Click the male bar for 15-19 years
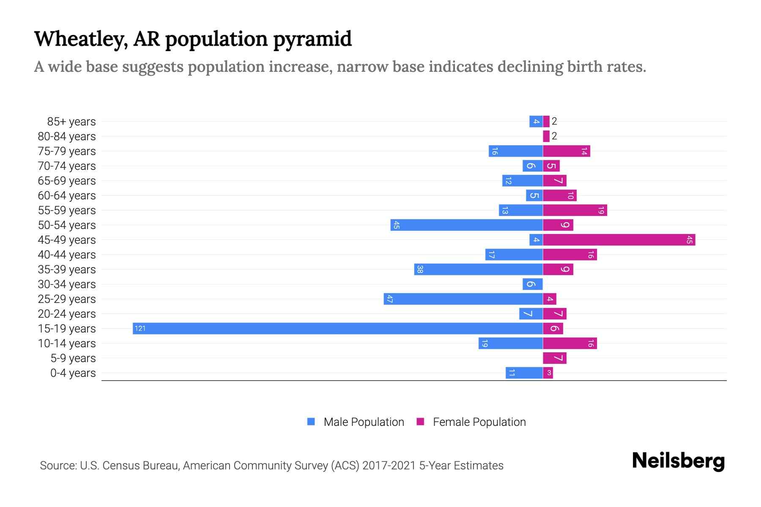point(337,328)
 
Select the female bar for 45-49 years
point(619,240)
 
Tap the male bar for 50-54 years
point(466,225)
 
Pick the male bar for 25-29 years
point(463,299)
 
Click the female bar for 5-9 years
point(555,358)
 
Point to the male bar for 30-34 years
point(532,284)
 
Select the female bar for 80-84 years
point(546,136)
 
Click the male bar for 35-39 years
point(478,270)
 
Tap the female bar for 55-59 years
point(575,210)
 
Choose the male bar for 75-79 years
point(515,151)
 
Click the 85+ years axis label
point(71,122)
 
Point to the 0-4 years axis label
point(73,373)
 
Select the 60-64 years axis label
point(66,196)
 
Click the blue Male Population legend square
point(311,422)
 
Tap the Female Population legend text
point(479,422)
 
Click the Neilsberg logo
point(678,461)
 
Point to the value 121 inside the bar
point(140,328)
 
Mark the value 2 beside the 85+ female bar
point(554,121)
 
